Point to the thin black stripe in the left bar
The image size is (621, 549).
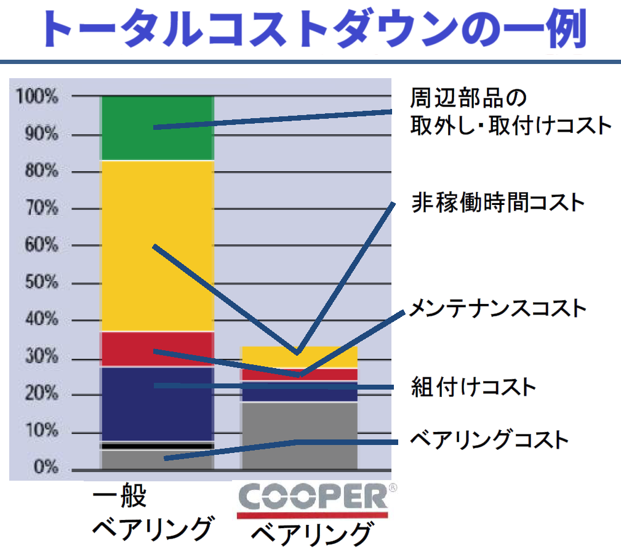point(157,446)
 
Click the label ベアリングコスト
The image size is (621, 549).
point(489,440)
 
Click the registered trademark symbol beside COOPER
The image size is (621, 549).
point(393,488)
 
